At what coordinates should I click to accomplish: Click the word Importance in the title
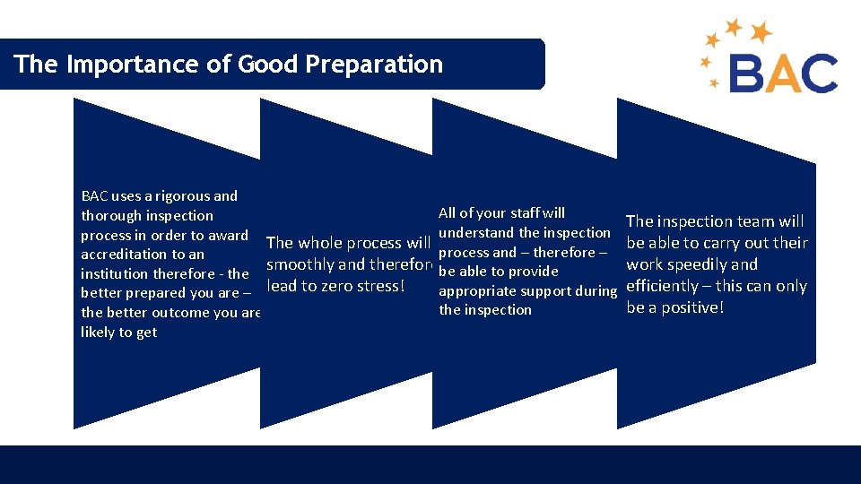pyautogui.click(x=117, y=65)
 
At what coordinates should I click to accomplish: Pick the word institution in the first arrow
pyautogui.click(x=117, y=274)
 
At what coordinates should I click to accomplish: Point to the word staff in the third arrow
pyautogui.click(x=525, y=213)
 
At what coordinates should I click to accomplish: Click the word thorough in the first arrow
pyautogui.click(x=110, y=215)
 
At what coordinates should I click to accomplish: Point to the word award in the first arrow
pyautogui.click(x=228, y=235)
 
